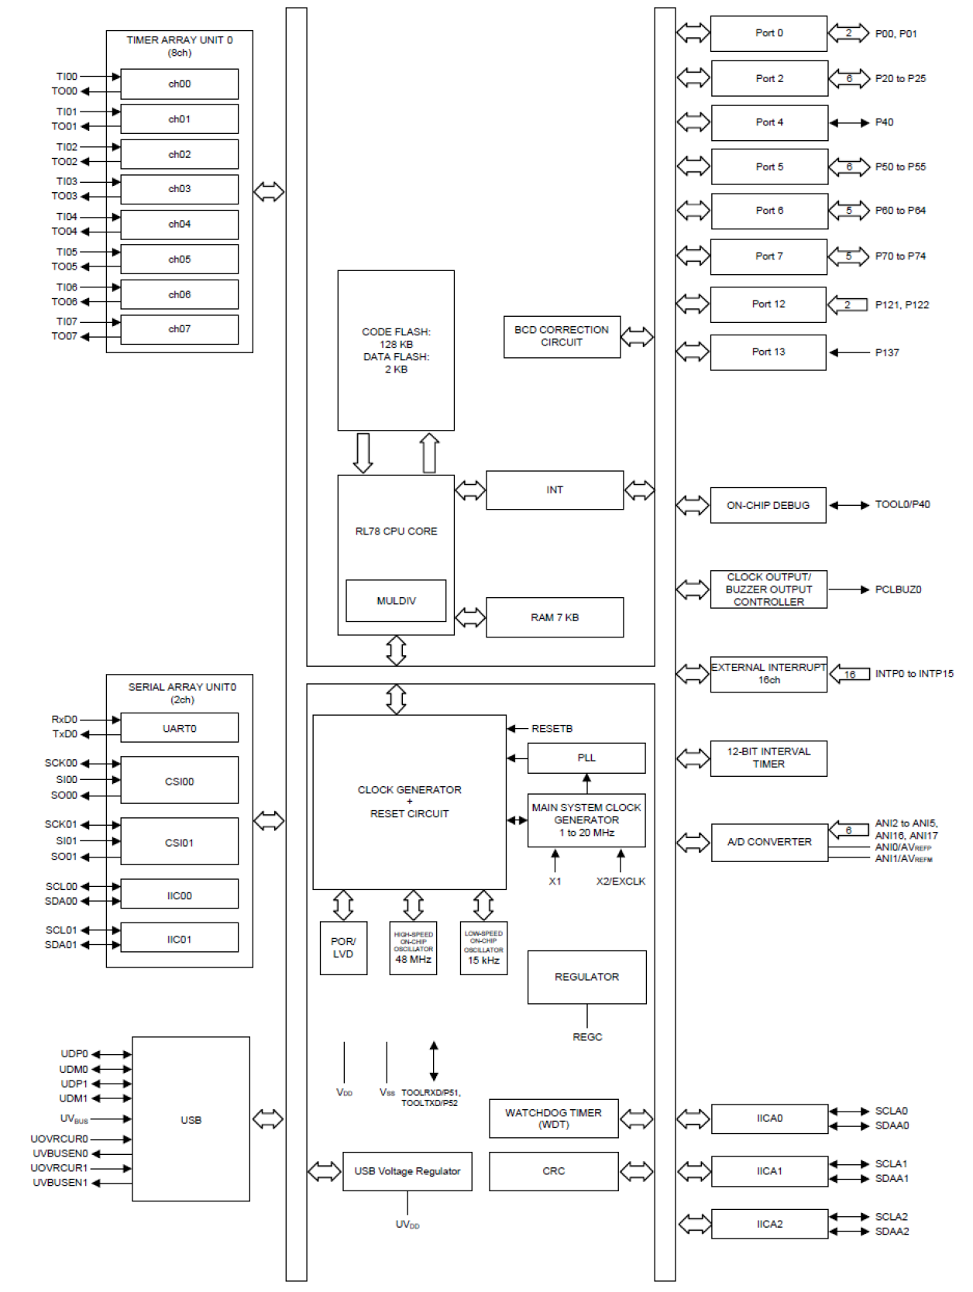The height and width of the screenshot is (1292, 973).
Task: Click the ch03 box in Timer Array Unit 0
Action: (179, 189)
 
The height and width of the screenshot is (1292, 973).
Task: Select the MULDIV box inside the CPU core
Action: (396, 601)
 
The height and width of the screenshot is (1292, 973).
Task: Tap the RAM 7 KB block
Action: (555, 617)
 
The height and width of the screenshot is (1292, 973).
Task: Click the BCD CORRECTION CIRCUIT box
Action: (562, 336)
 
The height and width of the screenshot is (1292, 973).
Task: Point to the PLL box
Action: (586, 758)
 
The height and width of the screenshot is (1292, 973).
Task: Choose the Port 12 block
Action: (768, 304)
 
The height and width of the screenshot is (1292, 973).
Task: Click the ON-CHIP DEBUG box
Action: (768, 505)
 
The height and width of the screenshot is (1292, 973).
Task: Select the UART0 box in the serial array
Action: (179, 728)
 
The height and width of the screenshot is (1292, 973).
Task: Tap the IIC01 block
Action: (179, 939)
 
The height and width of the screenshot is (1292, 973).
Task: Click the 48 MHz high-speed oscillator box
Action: (413, 948)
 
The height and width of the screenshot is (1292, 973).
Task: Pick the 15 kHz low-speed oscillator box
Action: (483, 948)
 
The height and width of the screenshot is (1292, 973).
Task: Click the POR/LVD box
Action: (343, 948)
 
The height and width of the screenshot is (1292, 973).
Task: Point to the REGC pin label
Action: (587, 1037)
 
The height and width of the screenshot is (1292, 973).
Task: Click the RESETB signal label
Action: (552, 729)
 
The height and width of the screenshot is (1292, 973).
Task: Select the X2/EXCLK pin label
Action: (621, 881)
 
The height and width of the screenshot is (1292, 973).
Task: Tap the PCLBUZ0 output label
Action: (898, 589)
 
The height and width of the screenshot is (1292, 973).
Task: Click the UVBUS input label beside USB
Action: (74, 1118)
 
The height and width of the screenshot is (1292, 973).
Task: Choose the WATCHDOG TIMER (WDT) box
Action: (553, 1118)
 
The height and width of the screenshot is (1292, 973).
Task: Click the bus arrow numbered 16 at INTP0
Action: (849, 675)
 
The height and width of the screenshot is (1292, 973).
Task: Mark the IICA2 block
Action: (769, 1224)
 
